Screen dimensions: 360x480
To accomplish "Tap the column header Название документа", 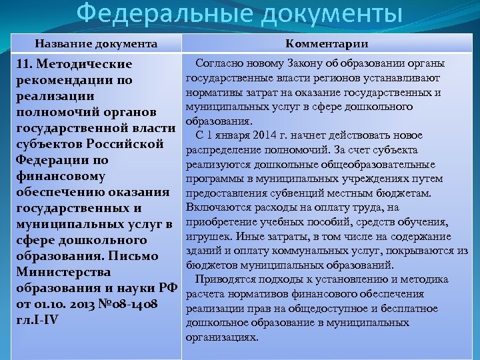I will [97, 44].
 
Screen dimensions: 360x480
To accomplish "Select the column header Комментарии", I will [327, 44].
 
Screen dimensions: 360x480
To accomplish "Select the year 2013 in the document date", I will [84, 304].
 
